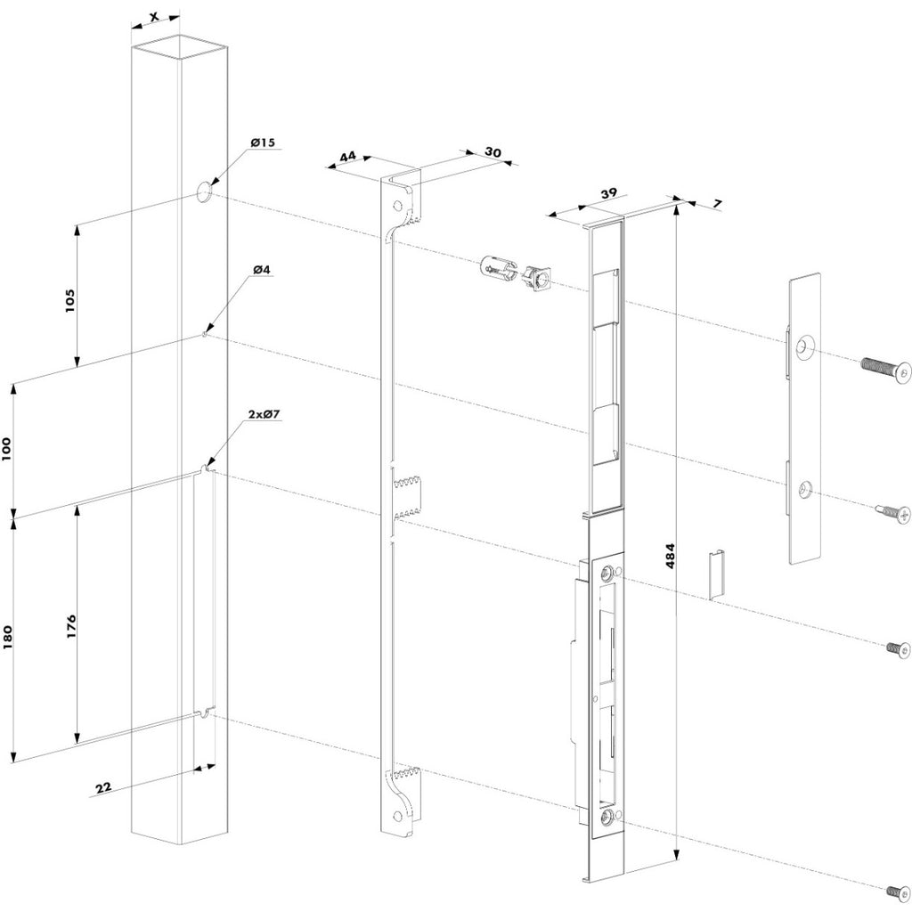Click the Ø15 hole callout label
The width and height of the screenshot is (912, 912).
pos(263,142)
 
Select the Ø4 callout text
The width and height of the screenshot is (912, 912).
pos(262,270)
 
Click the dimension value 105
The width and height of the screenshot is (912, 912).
pos(69,301)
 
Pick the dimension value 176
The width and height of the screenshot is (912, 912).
pos(71,626)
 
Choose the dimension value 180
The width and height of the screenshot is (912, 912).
pos(7,638)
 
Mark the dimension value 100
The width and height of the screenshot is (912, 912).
pos(7,450)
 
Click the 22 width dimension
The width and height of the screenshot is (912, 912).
pos(103,787)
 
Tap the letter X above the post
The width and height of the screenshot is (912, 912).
pos(153,16)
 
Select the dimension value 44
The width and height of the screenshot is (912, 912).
pos(347,156)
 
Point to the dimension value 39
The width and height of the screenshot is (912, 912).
pos(608,193)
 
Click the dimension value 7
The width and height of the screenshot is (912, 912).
pos(717,204)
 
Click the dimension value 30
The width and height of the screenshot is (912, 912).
pos(493,151)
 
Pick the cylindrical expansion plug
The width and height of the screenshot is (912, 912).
pos(498,269)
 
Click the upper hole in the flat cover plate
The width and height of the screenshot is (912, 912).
pos(805,347)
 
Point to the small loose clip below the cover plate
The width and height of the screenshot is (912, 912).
pos(717,574)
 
